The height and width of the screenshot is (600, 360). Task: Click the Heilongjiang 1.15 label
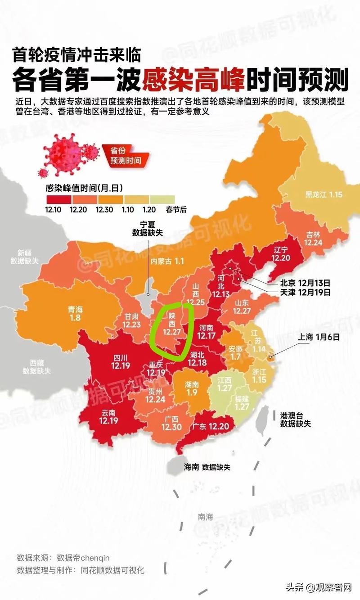(x=324, y=195)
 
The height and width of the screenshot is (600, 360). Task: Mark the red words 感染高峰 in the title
(x=194, y=81)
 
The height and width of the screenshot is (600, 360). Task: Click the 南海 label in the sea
(x=205, y=517)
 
